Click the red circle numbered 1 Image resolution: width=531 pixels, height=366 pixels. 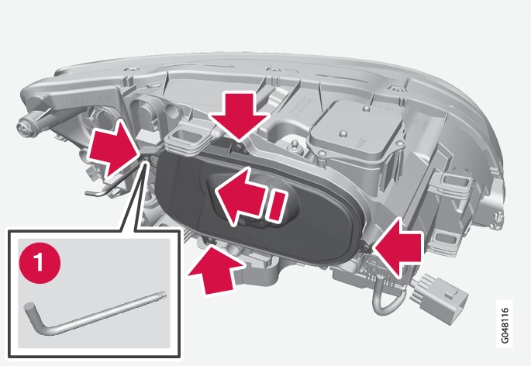click(x=40, y=263)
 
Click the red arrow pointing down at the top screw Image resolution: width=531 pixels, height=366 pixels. click(x=239, y=116)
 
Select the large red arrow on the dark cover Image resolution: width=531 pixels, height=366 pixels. click(x=240, y=196)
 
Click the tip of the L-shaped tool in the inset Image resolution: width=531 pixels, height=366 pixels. click(x=165, y=293)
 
